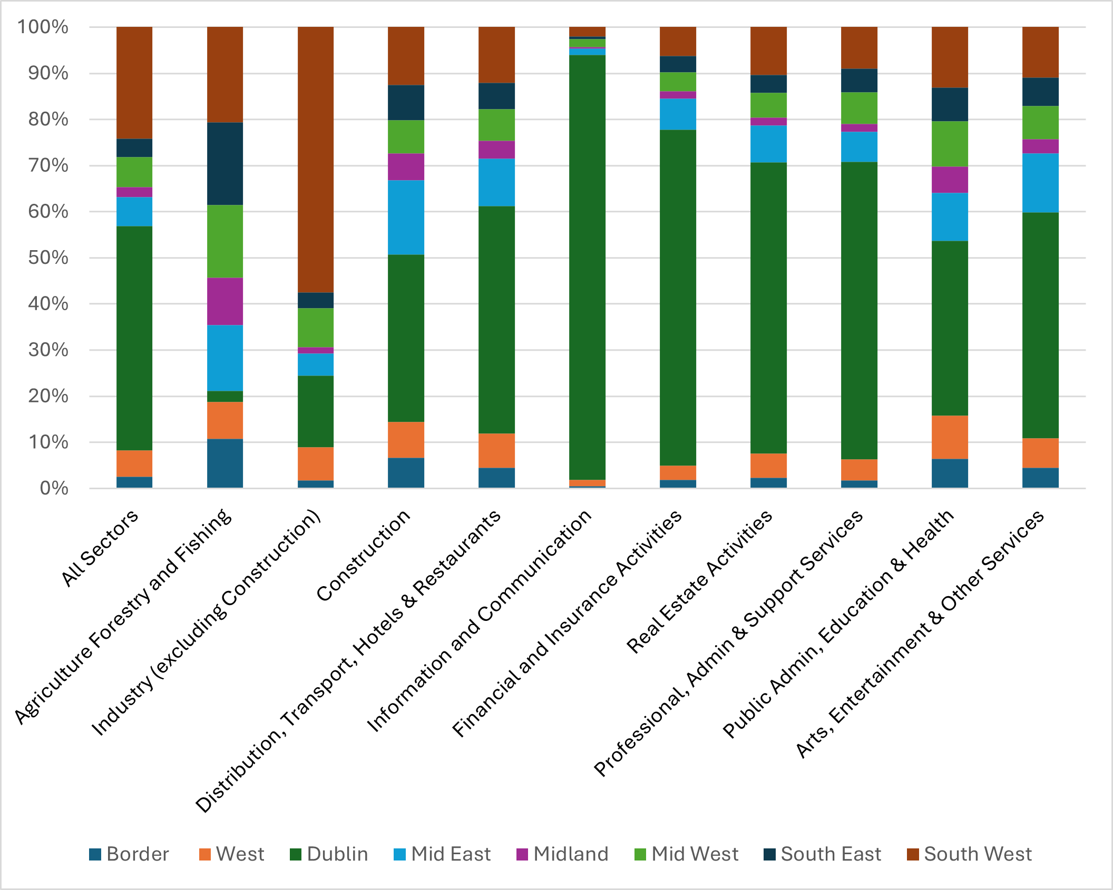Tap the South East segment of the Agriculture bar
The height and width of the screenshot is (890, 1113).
[x=225, y=163]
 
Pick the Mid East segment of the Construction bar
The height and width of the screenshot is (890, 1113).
[x=406, y=217]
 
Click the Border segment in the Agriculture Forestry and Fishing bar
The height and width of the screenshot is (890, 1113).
[x=225, y=463]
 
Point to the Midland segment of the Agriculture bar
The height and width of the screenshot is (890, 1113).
[x=225, y=301]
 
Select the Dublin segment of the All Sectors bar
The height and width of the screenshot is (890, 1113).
[x=134, y=338]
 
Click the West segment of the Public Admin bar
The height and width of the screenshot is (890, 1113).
[x=950, y=437]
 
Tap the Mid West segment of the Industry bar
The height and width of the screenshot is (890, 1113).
[x=316, y=328]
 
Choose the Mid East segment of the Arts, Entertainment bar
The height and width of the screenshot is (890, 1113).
[x=1040, y=183]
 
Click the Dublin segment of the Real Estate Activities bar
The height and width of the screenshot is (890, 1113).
[x=768, y=308]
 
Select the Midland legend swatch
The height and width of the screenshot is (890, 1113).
[x=522, y=854]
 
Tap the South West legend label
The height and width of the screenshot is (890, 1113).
[x=978, y=854]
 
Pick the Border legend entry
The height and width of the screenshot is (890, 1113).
[x=130, y=854]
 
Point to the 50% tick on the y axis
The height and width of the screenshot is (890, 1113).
[x=48, y=258]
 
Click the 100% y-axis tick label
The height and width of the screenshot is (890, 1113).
[x=43, y=27]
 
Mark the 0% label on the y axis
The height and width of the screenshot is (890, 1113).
[x=54, y=488]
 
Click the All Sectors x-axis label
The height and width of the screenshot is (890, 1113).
[x=100, y=548]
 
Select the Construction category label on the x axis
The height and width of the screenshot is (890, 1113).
[x=364, y=556]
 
